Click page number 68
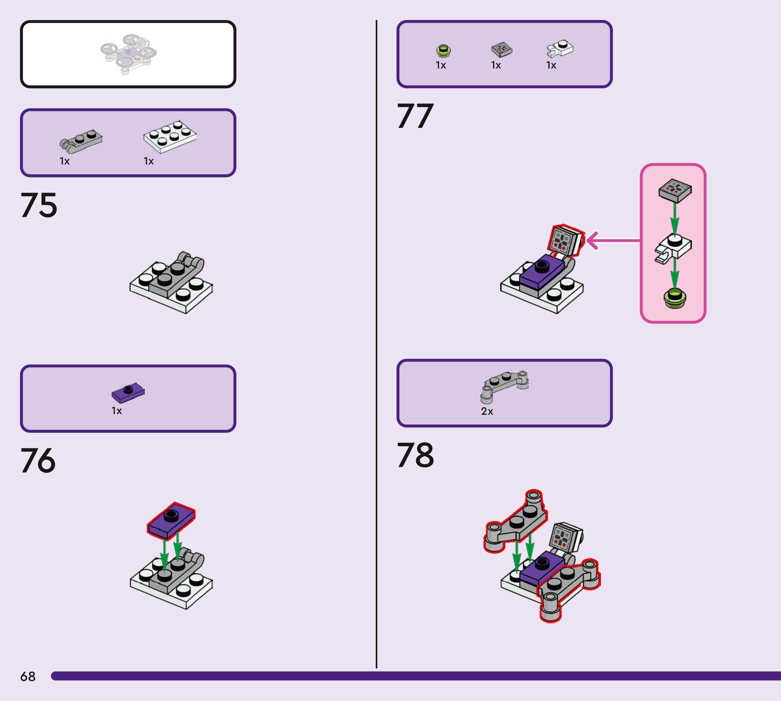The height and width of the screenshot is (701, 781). [x=28, y=676]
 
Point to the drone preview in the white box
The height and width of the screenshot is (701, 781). [x=128, y=54]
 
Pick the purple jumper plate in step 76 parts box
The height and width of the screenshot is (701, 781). [x=128, y=392]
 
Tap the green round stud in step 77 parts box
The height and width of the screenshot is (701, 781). [x=443, y=51]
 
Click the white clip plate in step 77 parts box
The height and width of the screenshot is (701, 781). [x=560, y=48]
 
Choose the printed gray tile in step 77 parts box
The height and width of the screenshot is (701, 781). [x=501, y=49]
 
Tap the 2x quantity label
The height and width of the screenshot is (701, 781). [x=487, y=411]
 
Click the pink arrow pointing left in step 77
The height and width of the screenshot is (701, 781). [x=612, y=241]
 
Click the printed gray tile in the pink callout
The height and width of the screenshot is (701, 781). [x=675, y=190]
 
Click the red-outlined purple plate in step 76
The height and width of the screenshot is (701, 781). [x=171, y=520]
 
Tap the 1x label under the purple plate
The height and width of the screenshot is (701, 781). [x=116, y=411]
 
